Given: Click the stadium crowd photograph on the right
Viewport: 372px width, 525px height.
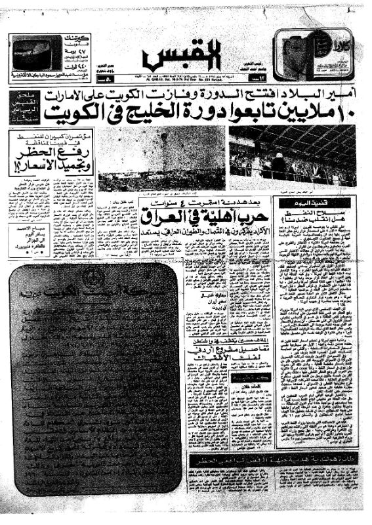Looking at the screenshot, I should pos(292,156).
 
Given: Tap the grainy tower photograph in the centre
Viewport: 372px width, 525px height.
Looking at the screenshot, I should pos(163,157).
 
